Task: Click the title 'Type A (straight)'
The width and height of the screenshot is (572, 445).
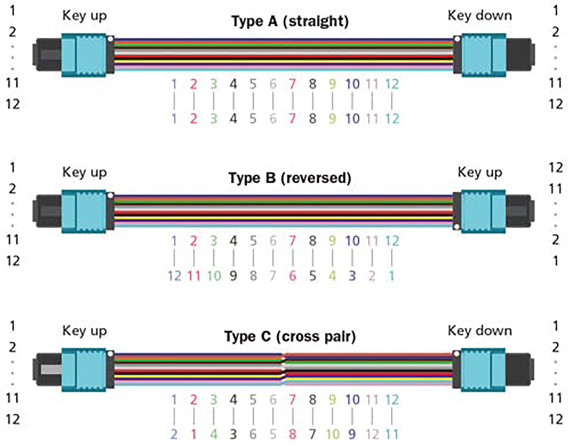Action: point(290,21)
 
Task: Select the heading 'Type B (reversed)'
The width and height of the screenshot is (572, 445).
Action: point(290,178)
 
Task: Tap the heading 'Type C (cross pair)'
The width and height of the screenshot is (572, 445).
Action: point(290,337)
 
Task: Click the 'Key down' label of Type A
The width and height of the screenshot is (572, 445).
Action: point(479,16)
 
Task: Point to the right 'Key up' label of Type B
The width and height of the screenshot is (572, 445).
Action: point(480,172)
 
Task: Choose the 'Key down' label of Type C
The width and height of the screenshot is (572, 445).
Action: point(479,331)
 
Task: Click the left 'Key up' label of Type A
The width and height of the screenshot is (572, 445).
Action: point(84,16)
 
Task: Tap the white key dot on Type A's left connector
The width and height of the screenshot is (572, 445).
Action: point(110,39)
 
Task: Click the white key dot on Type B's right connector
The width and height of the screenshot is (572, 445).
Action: point(457,227)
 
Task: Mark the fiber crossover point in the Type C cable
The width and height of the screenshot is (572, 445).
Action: point(284,369)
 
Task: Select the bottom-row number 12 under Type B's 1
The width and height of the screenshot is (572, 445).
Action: point(174,276)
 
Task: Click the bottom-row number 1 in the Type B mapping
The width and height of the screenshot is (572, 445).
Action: point(391,276)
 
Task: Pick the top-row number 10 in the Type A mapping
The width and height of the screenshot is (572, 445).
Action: point(352,84)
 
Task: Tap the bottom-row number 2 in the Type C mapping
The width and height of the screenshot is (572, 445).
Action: point(174,434)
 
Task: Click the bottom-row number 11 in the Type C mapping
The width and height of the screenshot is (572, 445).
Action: point(391,434)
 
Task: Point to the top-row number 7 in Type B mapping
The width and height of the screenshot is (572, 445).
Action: point(292,241)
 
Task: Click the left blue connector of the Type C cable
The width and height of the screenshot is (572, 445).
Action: point(83,369)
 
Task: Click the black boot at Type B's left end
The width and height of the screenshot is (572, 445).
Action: point(47,211)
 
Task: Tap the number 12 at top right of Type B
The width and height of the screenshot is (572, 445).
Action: point(556,168)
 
